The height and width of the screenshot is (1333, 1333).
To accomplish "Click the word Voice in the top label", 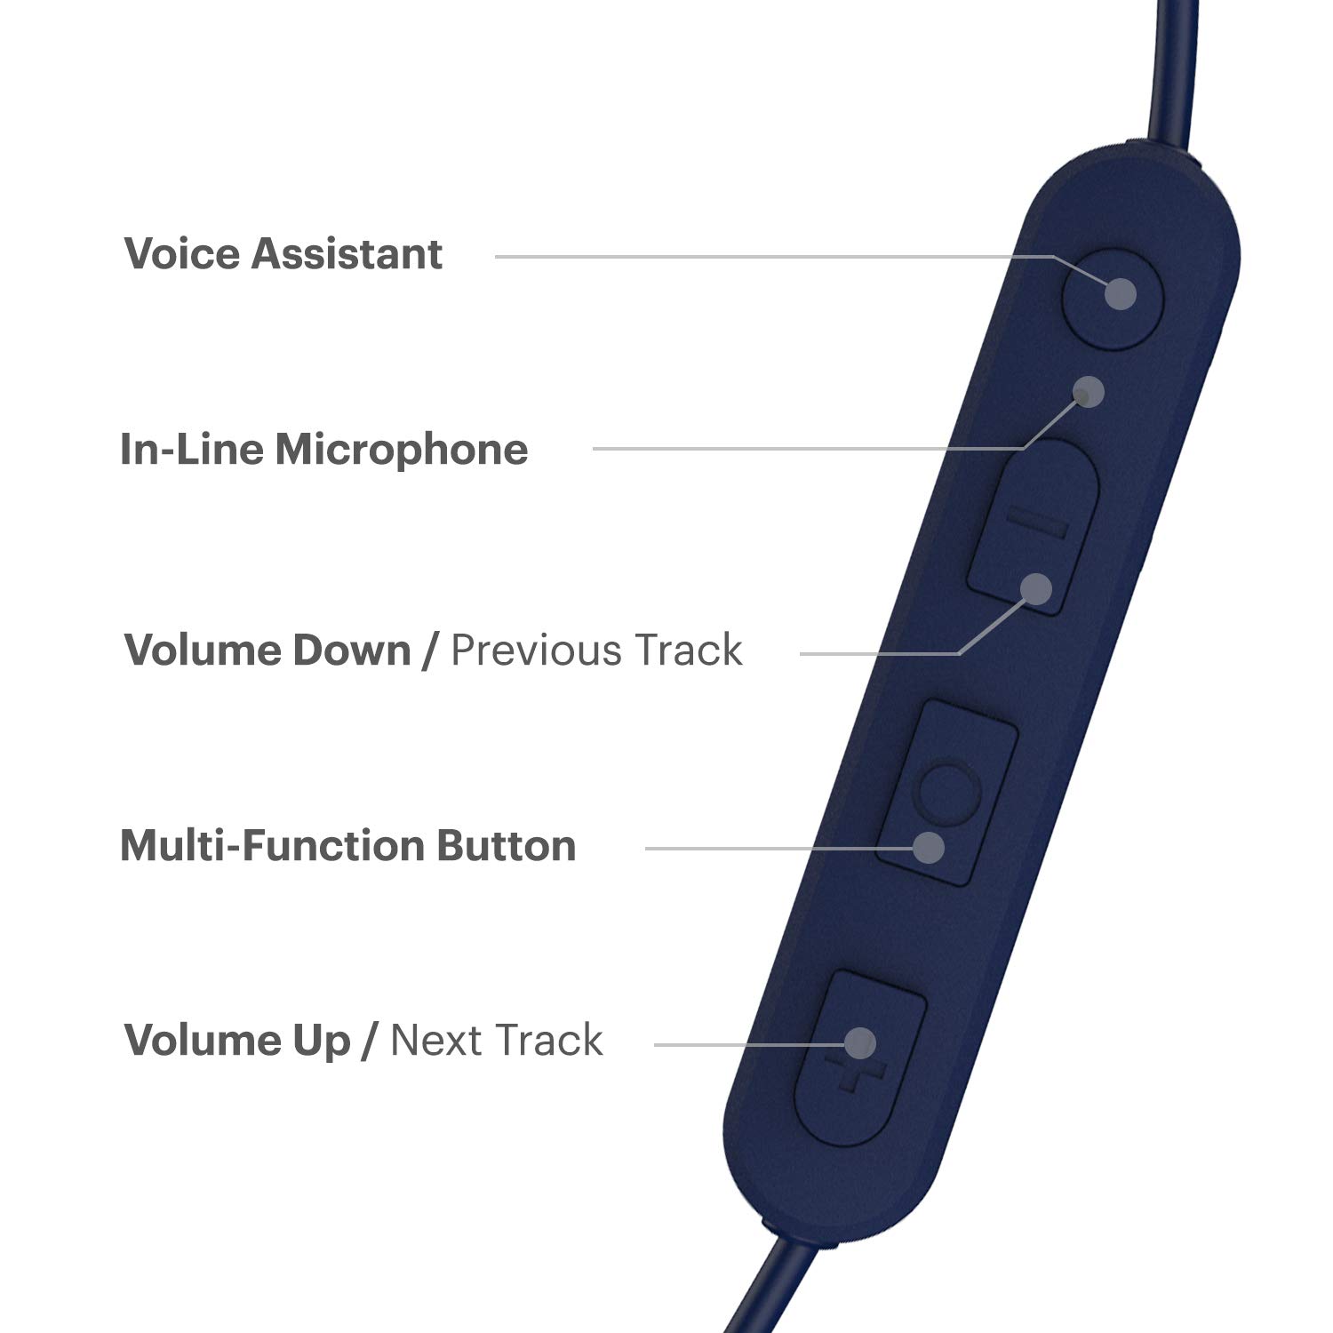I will pyautogui.click(x=183, y=254).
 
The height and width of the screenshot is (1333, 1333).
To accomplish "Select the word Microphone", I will pyautogui.click(x=401, y=449).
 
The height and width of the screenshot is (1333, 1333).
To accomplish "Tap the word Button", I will pyautogui.click(x=507, y=845).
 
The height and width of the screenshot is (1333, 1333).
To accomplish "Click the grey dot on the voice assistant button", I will pyautogui.click(x=1121, y=294).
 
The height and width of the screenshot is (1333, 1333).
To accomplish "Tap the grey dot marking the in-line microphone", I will pyautogui.click(x=1089, y=392).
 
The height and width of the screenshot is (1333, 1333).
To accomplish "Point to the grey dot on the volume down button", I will pyautogui.click(x=1036, y=589).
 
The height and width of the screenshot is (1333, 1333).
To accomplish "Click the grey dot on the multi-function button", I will pyautogui.click(x=929, y=848).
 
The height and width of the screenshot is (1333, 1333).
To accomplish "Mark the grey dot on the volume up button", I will pyautogui.click(x=859, y=1043).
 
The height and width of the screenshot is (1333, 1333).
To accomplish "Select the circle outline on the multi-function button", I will pyautogui.click(x=949, y=790).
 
